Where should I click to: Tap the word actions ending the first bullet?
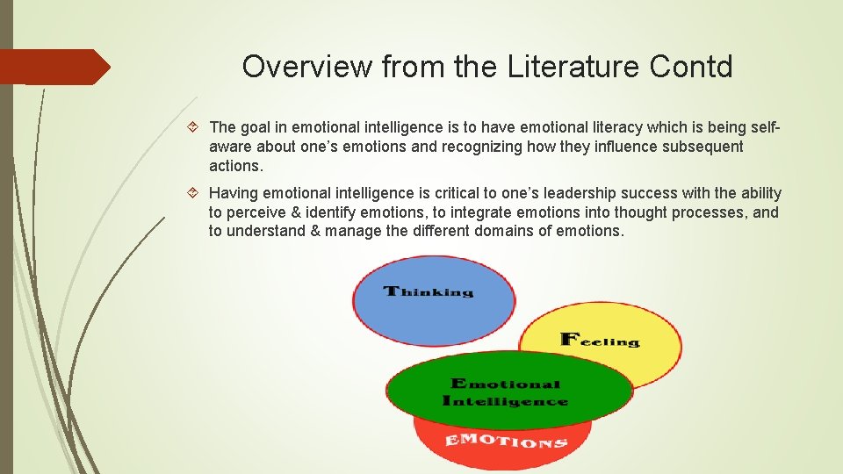tap(234, 166)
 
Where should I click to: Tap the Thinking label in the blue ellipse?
tap(429, 291)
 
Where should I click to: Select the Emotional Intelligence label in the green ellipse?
tap(507, 392)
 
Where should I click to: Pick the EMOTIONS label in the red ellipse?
tap(506, 441)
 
